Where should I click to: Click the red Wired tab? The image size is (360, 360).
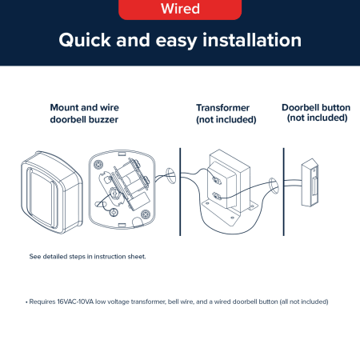(180, 10)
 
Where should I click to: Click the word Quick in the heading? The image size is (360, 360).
(85, 41)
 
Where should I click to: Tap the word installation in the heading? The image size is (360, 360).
(252, 40)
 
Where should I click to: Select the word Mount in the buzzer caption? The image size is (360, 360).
(64, 107)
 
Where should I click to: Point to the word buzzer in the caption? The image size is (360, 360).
(103, 119)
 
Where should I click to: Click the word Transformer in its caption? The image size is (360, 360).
(222, 108)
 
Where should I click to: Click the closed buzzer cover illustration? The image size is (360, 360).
(52, 192)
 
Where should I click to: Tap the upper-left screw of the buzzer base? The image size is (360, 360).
(98, 164)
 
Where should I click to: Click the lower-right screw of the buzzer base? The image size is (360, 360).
(146, 214)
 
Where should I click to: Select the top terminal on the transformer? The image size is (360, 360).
(216, 180)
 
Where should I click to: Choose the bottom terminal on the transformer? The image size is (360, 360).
(217, 196)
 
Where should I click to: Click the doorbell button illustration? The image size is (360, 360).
(310, 182)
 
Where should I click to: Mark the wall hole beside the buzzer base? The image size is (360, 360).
(170, 176)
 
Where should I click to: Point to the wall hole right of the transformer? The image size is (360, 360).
(273, 186)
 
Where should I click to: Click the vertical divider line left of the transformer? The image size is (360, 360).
(180, 192)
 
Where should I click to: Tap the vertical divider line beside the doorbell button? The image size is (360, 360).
(283, 192)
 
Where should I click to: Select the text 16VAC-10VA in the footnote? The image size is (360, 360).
(75, 302)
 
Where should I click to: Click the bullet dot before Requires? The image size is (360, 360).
(26, 302)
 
